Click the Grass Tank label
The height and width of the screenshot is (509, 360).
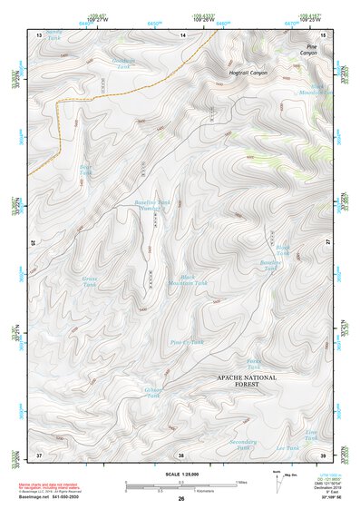(90, 281)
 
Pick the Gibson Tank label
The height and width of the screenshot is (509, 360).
(153, 392)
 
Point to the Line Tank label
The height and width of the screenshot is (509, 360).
(311, 436)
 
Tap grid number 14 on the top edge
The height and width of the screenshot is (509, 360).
(181, 34)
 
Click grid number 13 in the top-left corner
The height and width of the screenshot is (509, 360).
(39, 34)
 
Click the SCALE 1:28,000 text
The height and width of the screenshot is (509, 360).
(180, 468)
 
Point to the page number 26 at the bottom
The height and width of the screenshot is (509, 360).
(180, 498)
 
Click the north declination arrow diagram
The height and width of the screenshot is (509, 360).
(280, 476)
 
